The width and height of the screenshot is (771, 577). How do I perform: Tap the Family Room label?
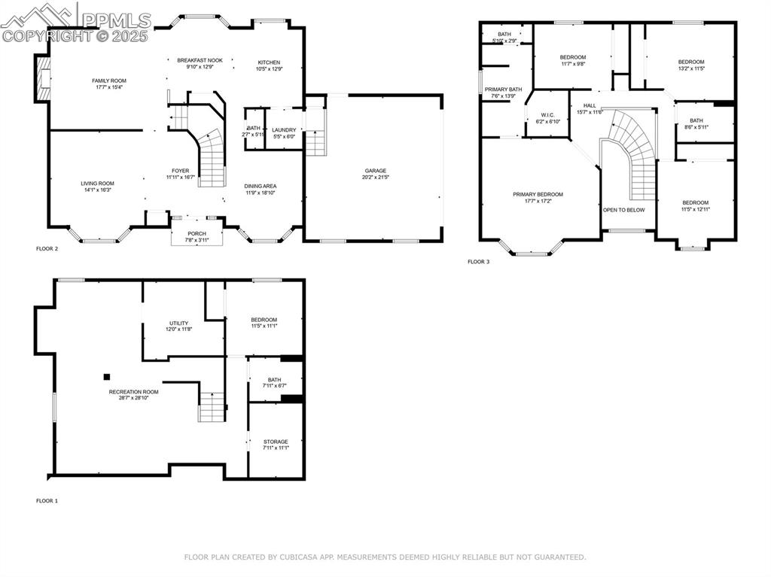(x=108, y=80)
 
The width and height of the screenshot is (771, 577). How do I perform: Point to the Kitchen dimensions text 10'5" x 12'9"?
(x=269, y=69)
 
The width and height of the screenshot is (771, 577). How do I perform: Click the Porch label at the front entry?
(x=197, y=234)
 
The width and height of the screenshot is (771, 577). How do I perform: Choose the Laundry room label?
(x=284, y=130)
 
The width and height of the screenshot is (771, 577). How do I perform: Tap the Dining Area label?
(x=260, y=186)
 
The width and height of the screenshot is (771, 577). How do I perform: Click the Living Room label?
(x=97, y=184)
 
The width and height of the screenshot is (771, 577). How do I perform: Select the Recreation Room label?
(x=134, y=391)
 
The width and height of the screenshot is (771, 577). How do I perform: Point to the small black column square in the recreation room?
(x=107, y=377)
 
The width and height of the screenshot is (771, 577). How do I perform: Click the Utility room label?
(x=178, y=323)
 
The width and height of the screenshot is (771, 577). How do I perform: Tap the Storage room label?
(x=275, y=442)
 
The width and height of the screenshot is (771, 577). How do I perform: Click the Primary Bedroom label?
(x=538, y=194)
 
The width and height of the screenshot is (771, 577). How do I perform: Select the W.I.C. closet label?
(x=547, y=115)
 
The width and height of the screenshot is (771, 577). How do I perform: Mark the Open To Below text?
(x=623, y=210)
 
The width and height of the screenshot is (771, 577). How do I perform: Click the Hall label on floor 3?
(x=590, y=105)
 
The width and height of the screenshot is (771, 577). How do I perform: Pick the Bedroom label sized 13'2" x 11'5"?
(x=690, y=62)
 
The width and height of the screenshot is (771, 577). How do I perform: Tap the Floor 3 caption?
(x=478, y=262)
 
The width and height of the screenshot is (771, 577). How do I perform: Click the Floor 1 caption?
(x=47, y=500)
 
